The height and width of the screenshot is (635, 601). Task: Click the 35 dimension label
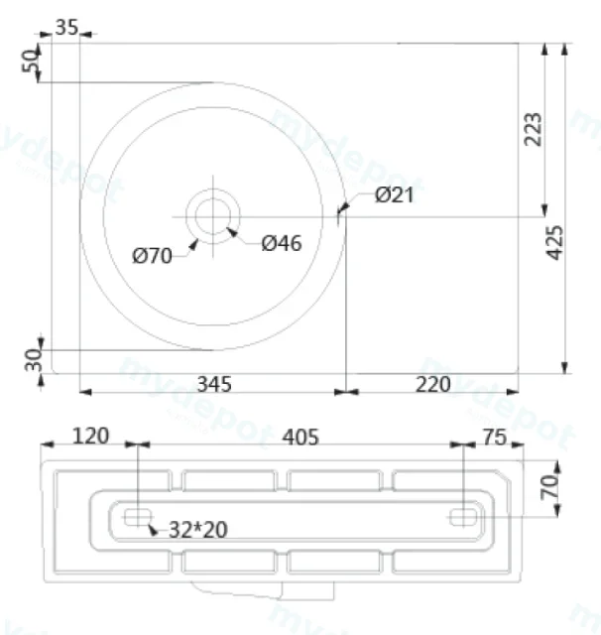(66, 28)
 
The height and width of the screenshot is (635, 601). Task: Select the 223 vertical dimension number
(533, 129)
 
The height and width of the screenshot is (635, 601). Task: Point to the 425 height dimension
(554, 242)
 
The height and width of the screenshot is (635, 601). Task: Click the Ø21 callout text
(395, 194)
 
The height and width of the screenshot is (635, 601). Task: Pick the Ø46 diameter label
(282, 243)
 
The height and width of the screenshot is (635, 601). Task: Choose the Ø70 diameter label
(152, 256)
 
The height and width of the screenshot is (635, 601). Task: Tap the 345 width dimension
(214, 384)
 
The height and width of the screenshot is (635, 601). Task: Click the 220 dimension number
(432, 384)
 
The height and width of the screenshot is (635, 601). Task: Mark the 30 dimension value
(34, 360)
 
